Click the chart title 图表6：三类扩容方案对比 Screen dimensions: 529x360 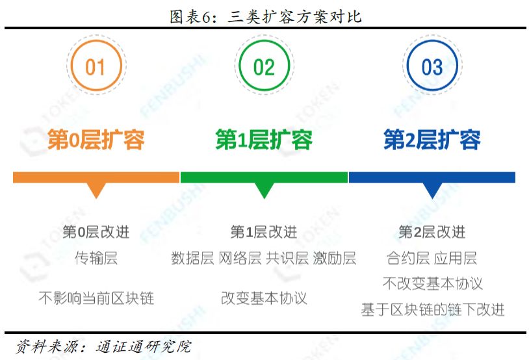tap(266, 16)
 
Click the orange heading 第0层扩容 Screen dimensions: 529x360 tap(96, 139)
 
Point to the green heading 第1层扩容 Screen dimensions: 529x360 tap(264, 139)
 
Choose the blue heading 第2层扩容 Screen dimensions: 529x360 tap(432, 139)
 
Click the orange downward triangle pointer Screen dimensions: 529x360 tap(96, 190)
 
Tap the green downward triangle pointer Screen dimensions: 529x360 tap(264, 190)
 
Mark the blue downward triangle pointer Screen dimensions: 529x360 tap(432, 190)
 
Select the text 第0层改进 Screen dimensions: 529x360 tap(96, 232)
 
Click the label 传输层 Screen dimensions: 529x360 tap(96, 258)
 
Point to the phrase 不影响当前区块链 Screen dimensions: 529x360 tap(96, 298)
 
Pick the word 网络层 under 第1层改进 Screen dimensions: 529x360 tap(240, 258)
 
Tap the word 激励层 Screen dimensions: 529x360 tap(335, 258)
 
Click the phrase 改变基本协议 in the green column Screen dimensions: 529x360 tap(264, 298)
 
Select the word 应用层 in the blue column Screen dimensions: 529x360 tap(456, 258)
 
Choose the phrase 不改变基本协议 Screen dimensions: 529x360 tap(433, 283)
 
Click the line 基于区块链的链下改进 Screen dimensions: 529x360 tap(433, 309)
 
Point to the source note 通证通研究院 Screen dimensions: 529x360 tap(144, 346)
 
